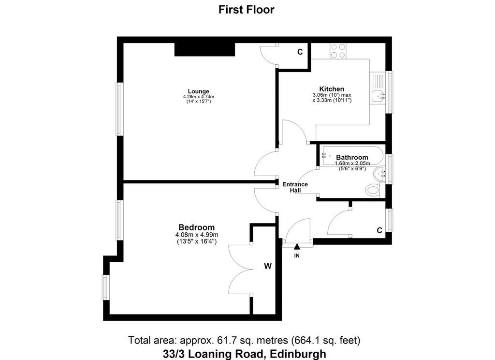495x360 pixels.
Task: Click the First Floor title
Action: point(246,10)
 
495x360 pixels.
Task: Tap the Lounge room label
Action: point(198,91)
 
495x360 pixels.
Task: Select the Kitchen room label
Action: point(332,89)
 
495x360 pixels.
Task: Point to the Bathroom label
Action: point(352,157)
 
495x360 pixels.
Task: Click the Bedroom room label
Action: point(196,227)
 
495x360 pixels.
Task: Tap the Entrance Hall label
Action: point(295,187)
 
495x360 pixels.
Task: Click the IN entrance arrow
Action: point(297,246)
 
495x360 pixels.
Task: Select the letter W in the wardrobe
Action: point(268,266)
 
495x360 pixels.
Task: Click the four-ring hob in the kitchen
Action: point(338,51)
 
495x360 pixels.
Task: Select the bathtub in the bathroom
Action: point(352,156)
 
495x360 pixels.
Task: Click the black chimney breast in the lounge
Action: point(205,50)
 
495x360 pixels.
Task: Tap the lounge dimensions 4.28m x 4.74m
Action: point(199,97)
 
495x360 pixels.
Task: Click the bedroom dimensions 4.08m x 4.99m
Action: point(197,235)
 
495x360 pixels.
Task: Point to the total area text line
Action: point(244,341)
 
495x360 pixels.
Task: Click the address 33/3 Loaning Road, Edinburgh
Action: point(244,354)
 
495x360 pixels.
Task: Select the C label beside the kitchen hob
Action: point(300,52)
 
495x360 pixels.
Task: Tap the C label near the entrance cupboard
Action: point(379,230)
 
